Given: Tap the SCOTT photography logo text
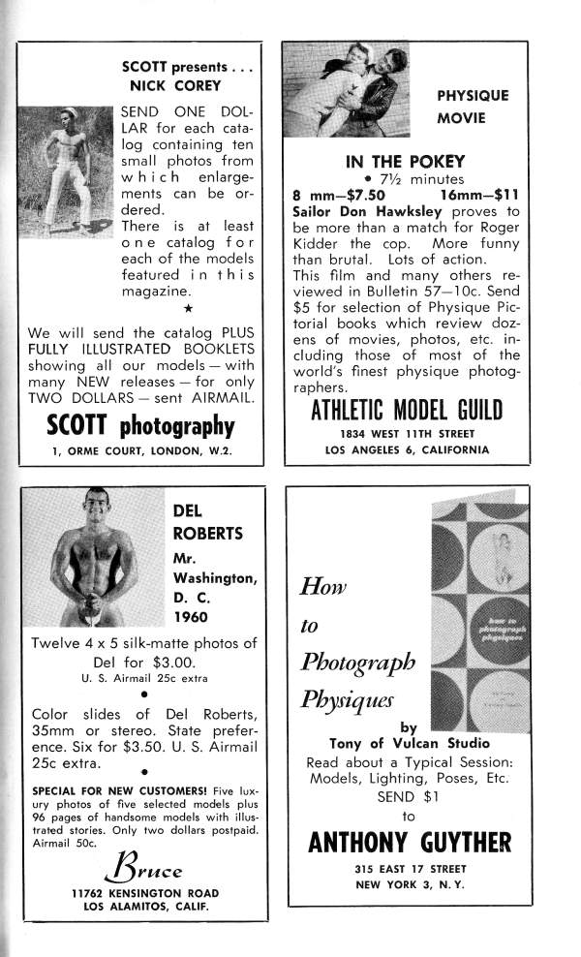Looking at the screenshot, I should click(140, 425).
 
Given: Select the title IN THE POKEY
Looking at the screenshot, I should click(406, 162).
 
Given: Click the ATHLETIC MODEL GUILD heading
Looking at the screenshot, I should click(407, 410).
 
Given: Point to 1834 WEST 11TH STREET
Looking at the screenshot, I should click(407, 434).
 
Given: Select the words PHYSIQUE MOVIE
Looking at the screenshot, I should click(473, 108).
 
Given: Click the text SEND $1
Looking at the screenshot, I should click(408, 797).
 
